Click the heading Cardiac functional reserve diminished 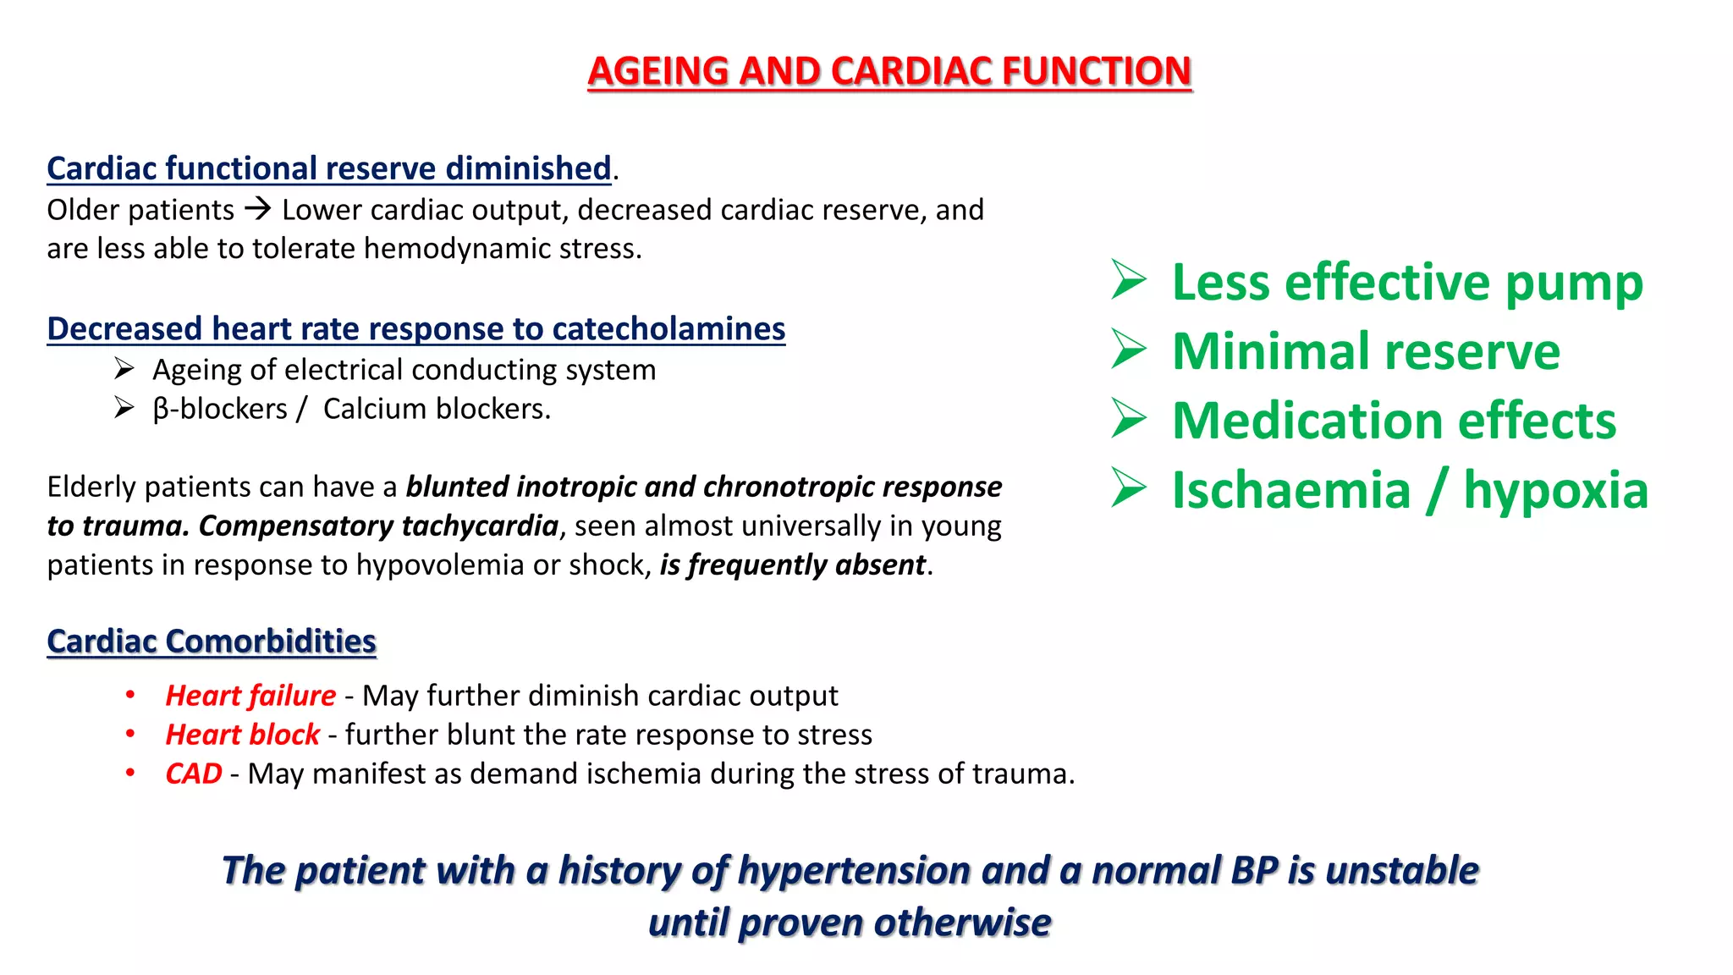tap(329, 168)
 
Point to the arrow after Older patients tap(258, 208)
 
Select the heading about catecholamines tap(415, 328)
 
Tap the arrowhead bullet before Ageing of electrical tap(124, 369)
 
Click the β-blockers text tap(220, 409)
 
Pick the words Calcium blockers tap(436, 409)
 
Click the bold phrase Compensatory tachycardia tap(378, 526)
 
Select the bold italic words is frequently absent tap(793, 565)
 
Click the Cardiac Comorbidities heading tap(212, 641)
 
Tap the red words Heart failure tap(250, 695)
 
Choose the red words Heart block tap(242, 734)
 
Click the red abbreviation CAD tap(194, 773)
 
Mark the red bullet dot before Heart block tap(130, 734)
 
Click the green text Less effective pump tap(1407, 282)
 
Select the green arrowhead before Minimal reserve tap(1129, 350)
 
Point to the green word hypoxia tap(1555, 490)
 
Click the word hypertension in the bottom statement tap(854, 870)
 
